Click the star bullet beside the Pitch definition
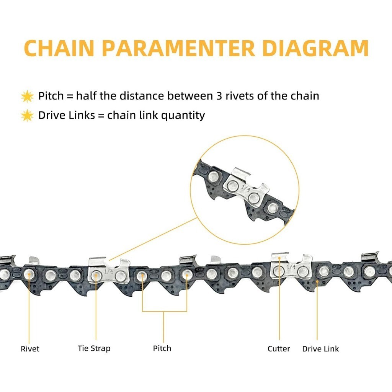[27, 96]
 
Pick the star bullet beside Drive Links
[27, 115]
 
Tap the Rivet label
[30, 349]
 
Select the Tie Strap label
[94, 348]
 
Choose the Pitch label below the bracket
[162, 348]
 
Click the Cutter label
[279, 349]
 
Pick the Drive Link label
[320, 349]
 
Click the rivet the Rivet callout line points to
[28, 274]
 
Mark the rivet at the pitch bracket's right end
[187, 274]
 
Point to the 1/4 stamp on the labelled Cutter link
[291, 266]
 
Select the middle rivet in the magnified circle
[253, 198]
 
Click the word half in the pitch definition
[87, 95]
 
